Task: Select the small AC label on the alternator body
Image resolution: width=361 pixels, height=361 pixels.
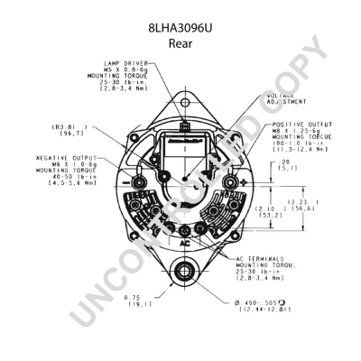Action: click(x=184, y=244)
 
